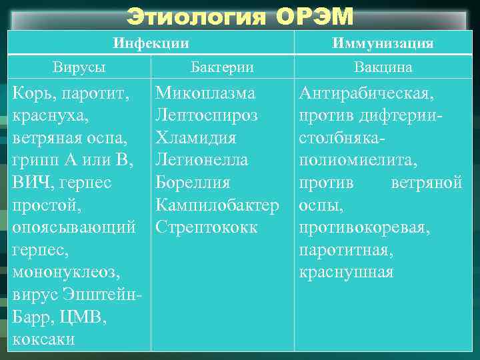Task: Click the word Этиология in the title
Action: pos(197,16)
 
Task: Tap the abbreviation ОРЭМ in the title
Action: pos(311,16)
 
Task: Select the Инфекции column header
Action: pos(151,44)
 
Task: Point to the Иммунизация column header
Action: pos(383,44)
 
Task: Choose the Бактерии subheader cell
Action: pos(222,67)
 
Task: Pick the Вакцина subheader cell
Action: pos(383,67)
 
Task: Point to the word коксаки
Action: pos(44,339)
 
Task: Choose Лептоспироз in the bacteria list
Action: pos(207,115)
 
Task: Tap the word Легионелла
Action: pos(202,159)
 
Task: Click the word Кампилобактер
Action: pos(217,205)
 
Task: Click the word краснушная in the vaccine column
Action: pos(347,272)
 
